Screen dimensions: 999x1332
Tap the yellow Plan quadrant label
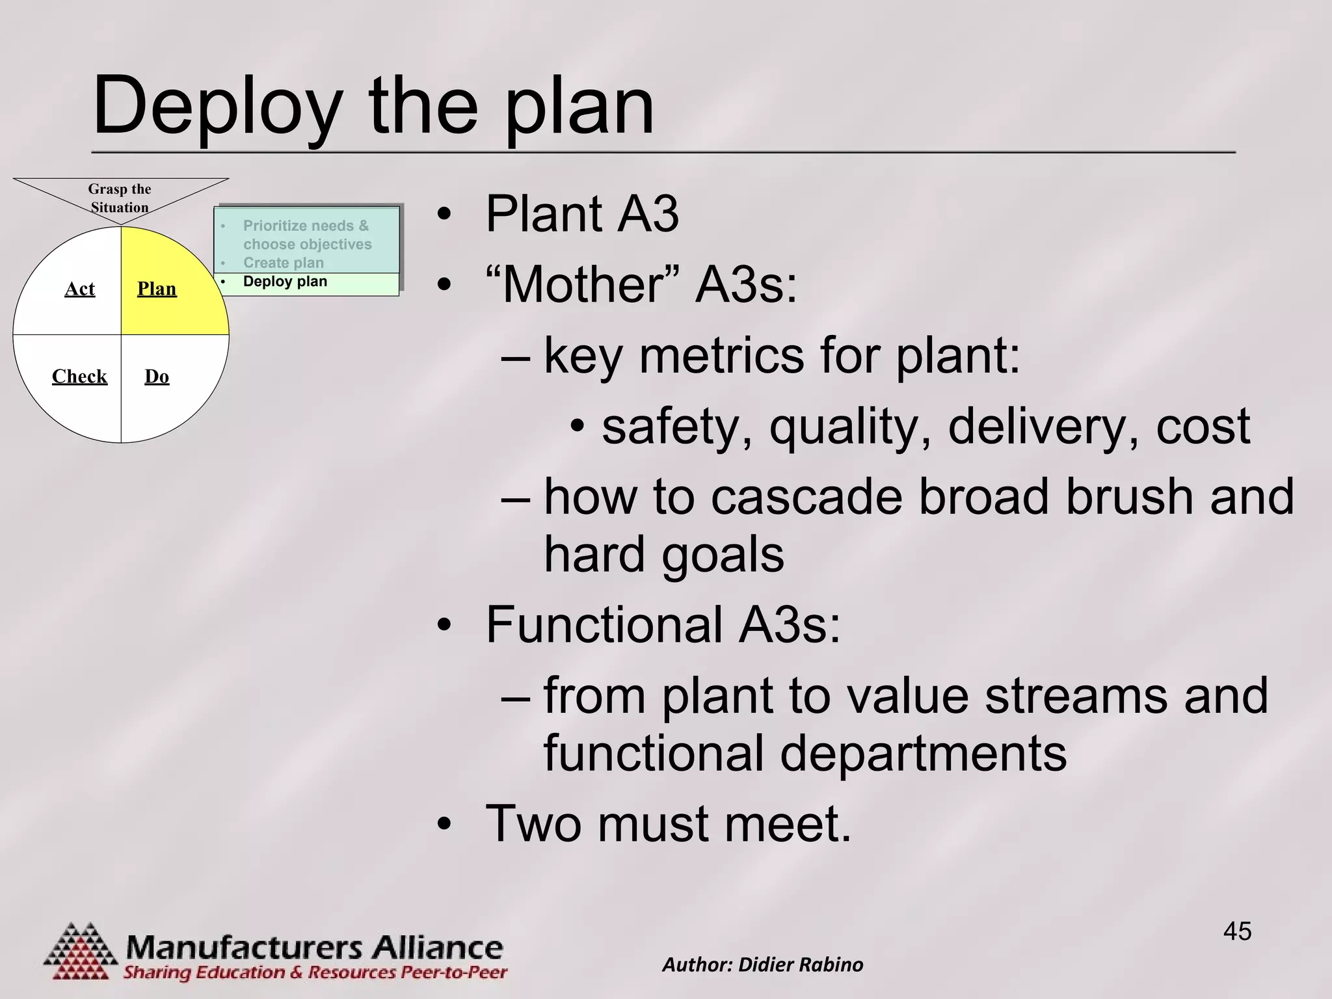pos(157,289)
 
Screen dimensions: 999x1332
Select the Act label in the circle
pos(79,289)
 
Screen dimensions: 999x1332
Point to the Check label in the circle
pos(79,376)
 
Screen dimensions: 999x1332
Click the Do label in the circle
pos(157,376)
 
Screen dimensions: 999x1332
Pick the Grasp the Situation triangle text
pos(120,198)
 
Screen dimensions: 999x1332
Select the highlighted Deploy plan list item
pos(285,282)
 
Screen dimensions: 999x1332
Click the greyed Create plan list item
pos(283,263)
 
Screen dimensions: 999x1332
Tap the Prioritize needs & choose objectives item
pos(306,235)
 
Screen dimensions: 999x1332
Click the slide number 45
pos(1237,931)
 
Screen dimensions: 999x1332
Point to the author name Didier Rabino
pos(801,965)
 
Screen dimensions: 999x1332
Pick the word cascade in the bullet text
pos(806,497)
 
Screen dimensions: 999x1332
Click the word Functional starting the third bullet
pos(604,624)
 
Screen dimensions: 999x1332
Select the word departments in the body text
pos(923,753)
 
